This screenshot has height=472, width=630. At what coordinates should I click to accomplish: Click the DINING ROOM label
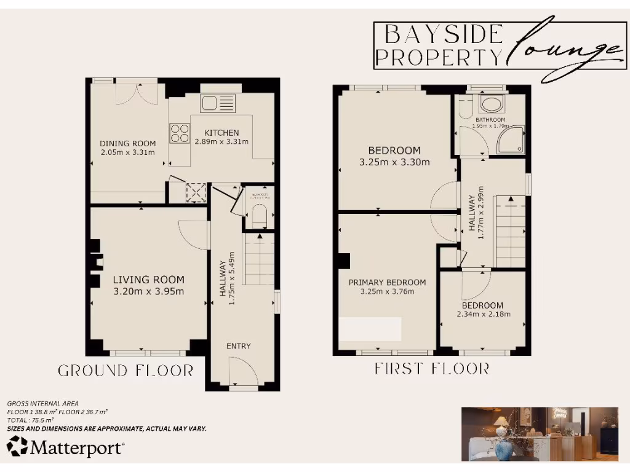127,144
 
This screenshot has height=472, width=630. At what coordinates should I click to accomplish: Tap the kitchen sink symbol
217,103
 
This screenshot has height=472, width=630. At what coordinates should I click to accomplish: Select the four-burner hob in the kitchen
180,133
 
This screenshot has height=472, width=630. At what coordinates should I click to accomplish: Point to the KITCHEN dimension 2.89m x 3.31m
221,141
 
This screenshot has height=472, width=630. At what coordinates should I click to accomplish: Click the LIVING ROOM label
148,280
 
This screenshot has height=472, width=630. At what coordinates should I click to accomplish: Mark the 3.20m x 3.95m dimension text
148,291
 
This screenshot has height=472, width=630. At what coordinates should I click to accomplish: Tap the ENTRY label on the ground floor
238,346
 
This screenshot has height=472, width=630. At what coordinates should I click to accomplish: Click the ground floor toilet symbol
258,216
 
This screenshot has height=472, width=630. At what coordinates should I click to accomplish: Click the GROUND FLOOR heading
126,371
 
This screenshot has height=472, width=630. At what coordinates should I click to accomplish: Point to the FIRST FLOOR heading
432,369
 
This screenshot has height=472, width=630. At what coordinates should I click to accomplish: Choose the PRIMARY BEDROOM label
387,283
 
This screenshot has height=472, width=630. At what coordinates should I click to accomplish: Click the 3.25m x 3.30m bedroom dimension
394,162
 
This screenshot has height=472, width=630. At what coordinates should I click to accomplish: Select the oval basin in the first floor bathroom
490,104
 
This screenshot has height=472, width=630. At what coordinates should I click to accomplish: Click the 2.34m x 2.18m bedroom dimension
483,314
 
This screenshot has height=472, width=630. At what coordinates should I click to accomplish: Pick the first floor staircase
510,230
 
